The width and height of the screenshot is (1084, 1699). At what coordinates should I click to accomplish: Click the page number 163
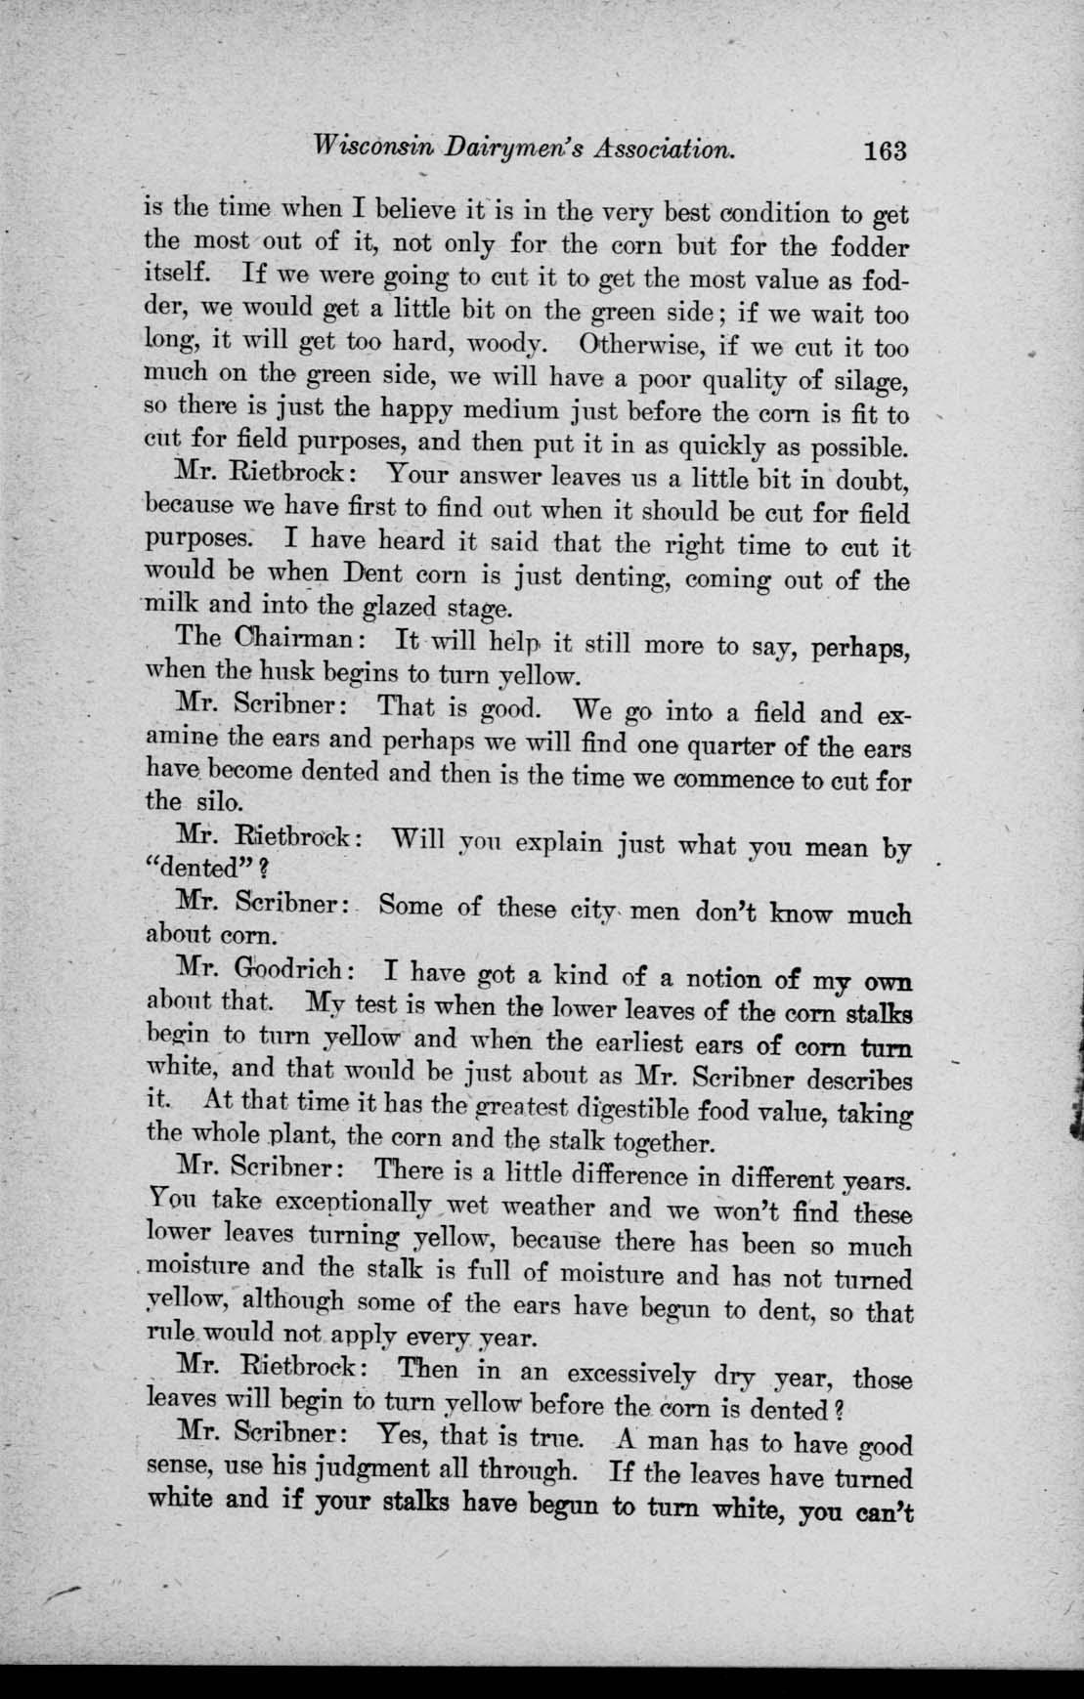point(886,151)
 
